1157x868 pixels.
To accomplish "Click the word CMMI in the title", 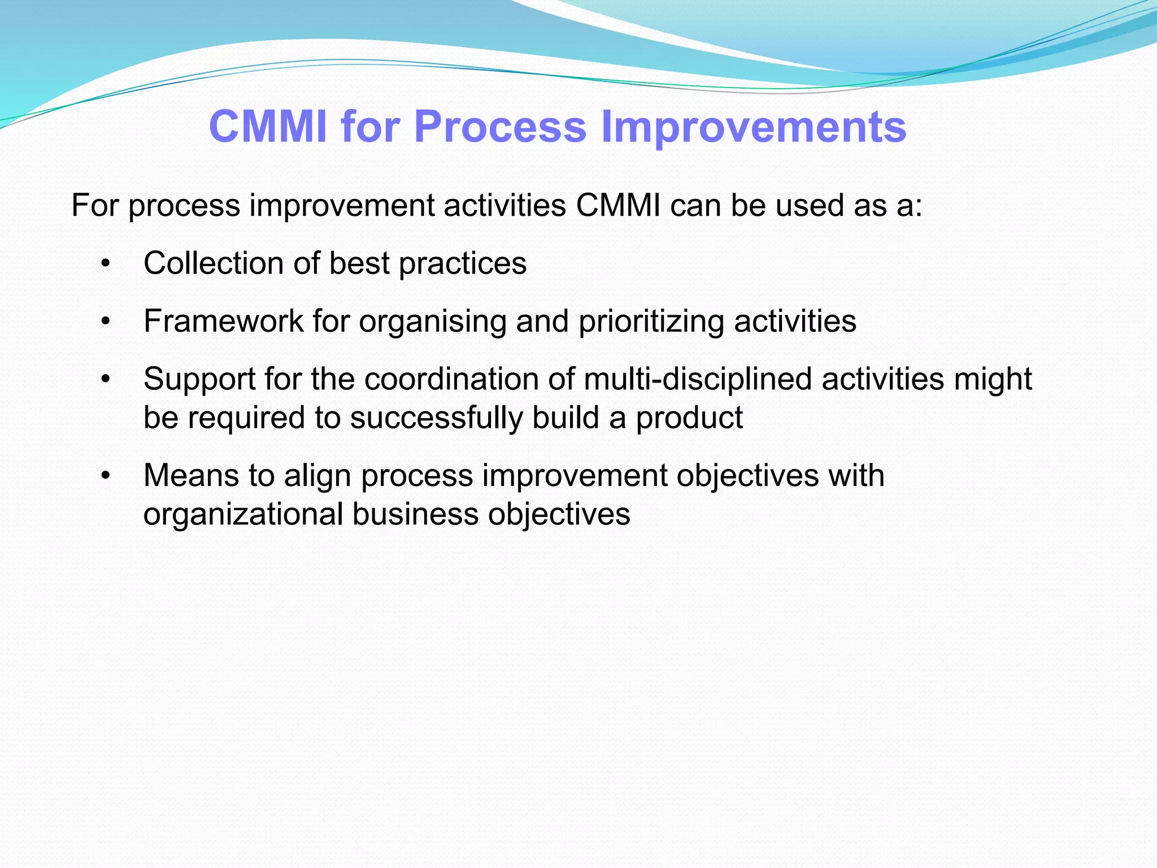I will click(x=268, y=127).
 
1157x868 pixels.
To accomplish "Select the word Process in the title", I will click(x=500, y=127).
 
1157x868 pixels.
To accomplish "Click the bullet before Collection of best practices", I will click(x=105, y=264).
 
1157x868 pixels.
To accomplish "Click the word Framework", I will click(x=224, y=322).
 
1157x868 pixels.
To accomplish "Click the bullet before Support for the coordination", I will click(x=105, y=379).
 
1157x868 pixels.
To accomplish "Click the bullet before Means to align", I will click(x=105, y=476).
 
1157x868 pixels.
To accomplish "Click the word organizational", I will click(x=243, y=515).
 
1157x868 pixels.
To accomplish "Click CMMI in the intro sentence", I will click(x=618, y=206).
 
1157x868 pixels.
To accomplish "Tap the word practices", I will click(x=463, y=264).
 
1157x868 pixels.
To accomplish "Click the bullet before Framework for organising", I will click(x=105, y=322).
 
